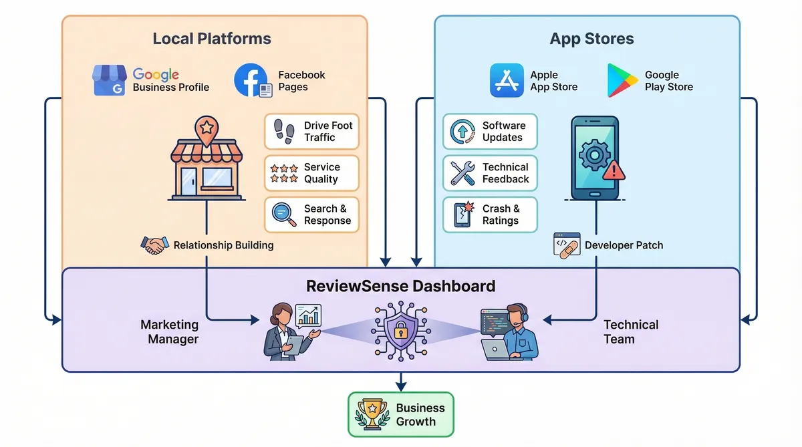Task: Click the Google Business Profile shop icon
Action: tap(110, 81)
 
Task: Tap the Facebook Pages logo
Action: tap(251, 81)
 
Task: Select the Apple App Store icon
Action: tap(507, 81)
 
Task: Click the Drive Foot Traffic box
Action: tap(311, 132)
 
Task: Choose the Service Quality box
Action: tap(311, 173)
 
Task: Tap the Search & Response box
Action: tap(311, 214)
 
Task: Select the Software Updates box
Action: tap(490, 132)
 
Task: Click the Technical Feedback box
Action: tap(490, 173)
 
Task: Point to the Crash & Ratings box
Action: tap(490, 214)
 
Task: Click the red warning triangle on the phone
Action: tap(613, 170)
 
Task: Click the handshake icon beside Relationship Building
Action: tap(154, 245)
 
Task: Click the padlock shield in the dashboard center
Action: tap(401, 329)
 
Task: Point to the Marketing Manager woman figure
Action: tap(284, 330)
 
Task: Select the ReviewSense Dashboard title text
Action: tap(400, 287)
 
